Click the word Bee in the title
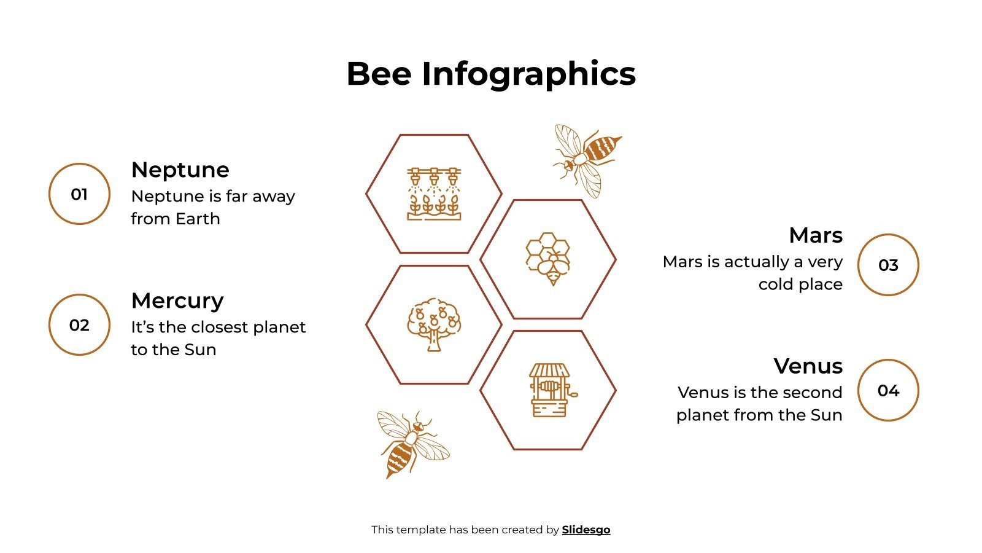click(379, 74)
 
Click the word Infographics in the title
click(528, 74)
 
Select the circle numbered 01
click(79, 194)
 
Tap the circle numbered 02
click(79, 325)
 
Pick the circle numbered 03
click(888, 265)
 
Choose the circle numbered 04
click(888, 390)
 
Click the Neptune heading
click(180, 170)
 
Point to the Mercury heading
click(177, 300)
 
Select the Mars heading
click(816, 235)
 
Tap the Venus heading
click(808, 366)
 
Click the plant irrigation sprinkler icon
click(434, 194)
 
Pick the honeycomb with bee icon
click(548, 259)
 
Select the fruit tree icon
click(434, 324)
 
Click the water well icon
click(550, 390)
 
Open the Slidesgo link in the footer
click(586, 530)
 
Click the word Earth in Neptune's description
click(197, 219)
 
